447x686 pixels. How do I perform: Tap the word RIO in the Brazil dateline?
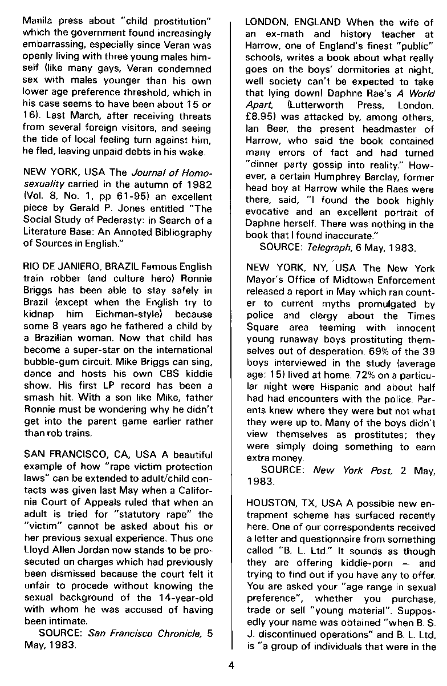[x=30, y=267]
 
